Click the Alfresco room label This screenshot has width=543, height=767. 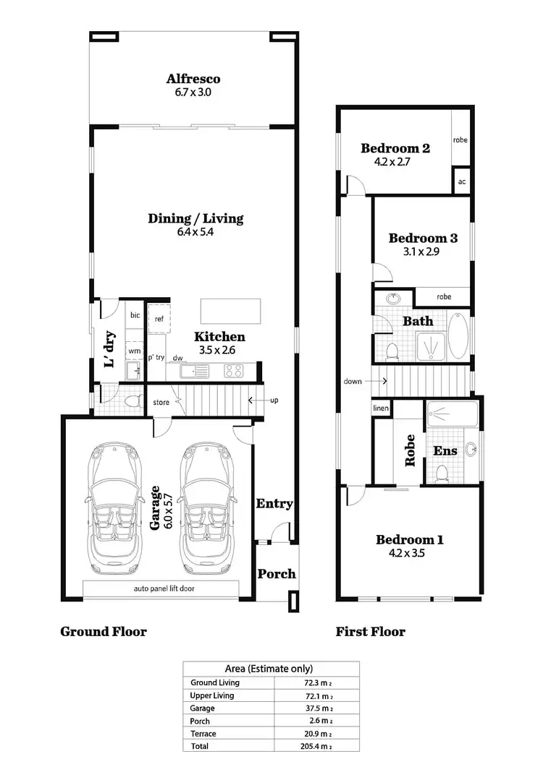[x=193, y=79]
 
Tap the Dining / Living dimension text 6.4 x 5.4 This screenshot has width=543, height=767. [x=195, y=233]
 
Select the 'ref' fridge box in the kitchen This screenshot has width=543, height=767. [x=159, y=319]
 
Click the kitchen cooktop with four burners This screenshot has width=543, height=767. [x=234, y=371]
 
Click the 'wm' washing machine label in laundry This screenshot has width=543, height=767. [x=135, y=351]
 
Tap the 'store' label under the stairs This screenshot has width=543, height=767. [x=160, y=402]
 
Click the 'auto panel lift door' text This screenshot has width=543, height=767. [x=164, y=588]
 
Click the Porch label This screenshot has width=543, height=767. [x=277, y=574]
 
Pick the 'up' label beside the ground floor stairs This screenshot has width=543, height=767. [x=274, y=400]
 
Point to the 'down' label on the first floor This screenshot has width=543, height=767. [x=354, y=381]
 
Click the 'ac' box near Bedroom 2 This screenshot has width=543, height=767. [x=461, y=181]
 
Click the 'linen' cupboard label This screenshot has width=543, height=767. [x=381, y=408]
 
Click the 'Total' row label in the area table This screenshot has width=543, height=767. [x=200, y=745]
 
